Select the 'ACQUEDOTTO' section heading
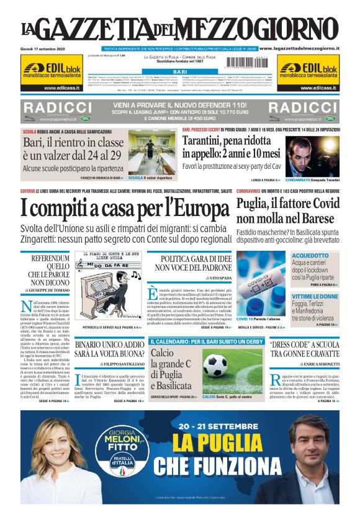[310, 255]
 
